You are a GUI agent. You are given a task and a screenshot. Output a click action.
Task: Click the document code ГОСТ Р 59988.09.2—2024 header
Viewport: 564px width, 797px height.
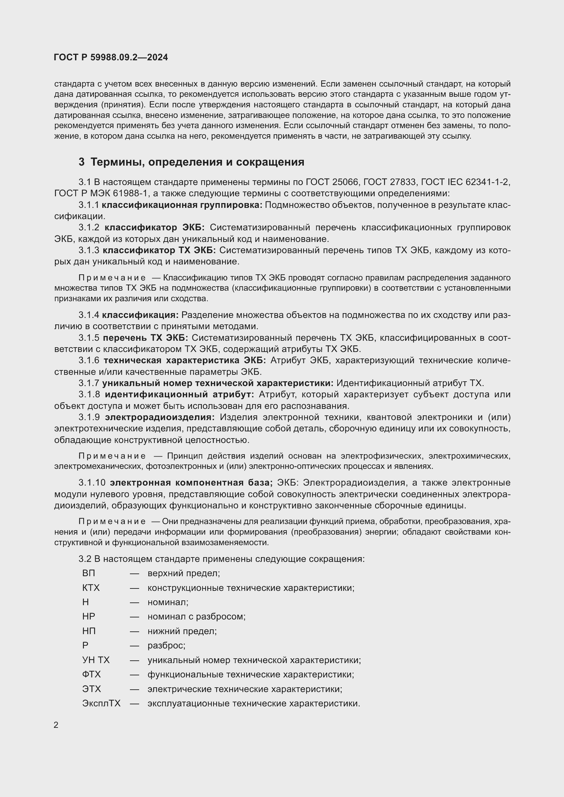[x=111, y=58]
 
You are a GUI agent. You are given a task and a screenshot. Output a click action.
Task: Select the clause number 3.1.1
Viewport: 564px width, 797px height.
[x=89, y=205]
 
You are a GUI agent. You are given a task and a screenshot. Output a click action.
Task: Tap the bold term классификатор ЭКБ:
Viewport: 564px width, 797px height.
[x=154, y=228]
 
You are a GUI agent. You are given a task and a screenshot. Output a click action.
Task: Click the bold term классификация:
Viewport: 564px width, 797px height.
[x=140, y=315]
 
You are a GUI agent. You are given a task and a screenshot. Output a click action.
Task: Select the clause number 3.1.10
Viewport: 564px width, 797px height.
[x=92, y=483]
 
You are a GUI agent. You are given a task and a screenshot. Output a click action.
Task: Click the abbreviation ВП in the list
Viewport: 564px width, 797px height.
[x=89, y=573]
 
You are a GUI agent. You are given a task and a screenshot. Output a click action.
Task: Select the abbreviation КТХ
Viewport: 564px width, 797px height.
[x=91, y=588]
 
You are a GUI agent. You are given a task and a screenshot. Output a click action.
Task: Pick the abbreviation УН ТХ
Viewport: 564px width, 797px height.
[x=96, y=660]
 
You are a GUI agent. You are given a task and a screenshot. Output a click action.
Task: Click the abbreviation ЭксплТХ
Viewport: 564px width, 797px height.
[x=101, y=703]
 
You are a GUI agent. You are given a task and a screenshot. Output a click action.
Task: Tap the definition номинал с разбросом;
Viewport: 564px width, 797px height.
[x=196, y=616]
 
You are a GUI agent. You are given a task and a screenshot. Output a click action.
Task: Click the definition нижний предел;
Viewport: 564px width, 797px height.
[x=182, y=631]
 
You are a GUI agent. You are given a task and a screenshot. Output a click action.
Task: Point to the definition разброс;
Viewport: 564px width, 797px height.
[x=166, y=645]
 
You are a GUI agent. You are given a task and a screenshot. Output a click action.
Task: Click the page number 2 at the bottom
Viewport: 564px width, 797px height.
[x=56, y=725]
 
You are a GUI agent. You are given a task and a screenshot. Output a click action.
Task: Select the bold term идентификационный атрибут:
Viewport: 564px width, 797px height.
[x=179, y=395]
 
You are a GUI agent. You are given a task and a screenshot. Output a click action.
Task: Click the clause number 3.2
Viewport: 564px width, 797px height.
[x=85, y=559]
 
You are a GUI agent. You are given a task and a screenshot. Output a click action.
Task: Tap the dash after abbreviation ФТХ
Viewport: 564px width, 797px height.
[x=134, y=674]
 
